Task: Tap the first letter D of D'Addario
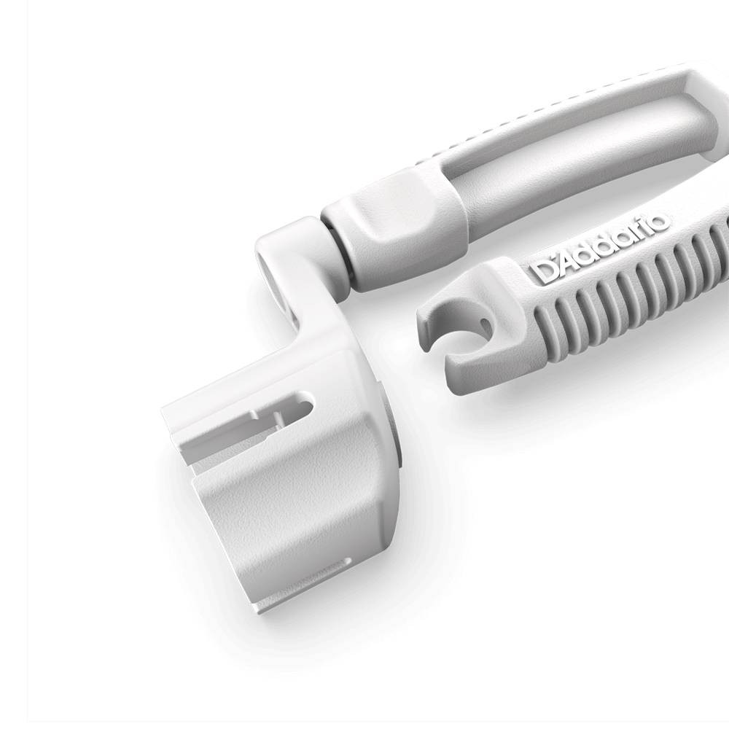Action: click(545, 270)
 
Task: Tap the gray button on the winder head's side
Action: click(399, 437)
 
